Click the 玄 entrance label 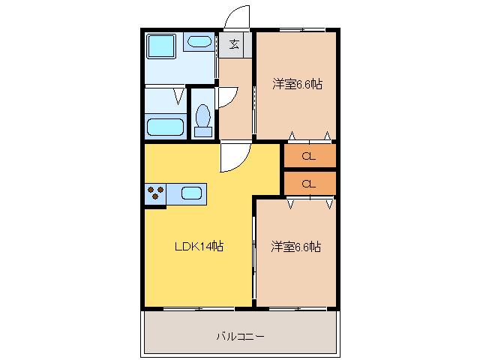pos(235,45)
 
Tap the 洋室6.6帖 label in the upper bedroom pos(297,84)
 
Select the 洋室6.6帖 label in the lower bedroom pos(296,247)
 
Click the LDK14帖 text pos(199,246)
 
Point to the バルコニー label pos(240,337)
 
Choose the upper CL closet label pos(308,157)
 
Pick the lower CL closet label pos(308,184)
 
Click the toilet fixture pos(203,120)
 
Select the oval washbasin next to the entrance pos(199,42)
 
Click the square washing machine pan pos(161,46)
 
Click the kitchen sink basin pos(192,193)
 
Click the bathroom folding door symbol pos(178,96)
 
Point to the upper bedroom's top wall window pos(302,30)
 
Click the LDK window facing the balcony pos(199,309)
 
